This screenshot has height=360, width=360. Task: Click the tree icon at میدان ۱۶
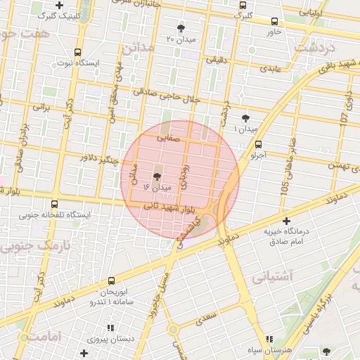coord(155,176)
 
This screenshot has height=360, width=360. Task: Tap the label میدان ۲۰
coord(181,39)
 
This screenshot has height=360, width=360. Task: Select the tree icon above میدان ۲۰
coord(181,28)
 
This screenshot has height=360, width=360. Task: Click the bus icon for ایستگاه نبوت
coord(77,52)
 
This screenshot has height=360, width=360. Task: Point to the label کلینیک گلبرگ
coord(60,15)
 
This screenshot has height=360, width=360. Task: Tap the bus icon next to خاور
coord(273,21)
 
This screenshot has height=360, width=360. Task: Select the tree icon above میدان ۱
coord(245,118)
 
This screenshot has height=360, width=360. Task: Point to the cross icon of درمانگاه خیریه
coord(285,221)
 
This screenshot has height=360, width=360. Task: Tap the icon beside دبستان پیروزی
coord(110,328)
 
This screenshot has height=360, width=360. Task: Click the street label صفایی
coord(174,140)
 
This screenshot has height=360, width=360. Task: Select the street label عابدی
coord(271,69)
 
